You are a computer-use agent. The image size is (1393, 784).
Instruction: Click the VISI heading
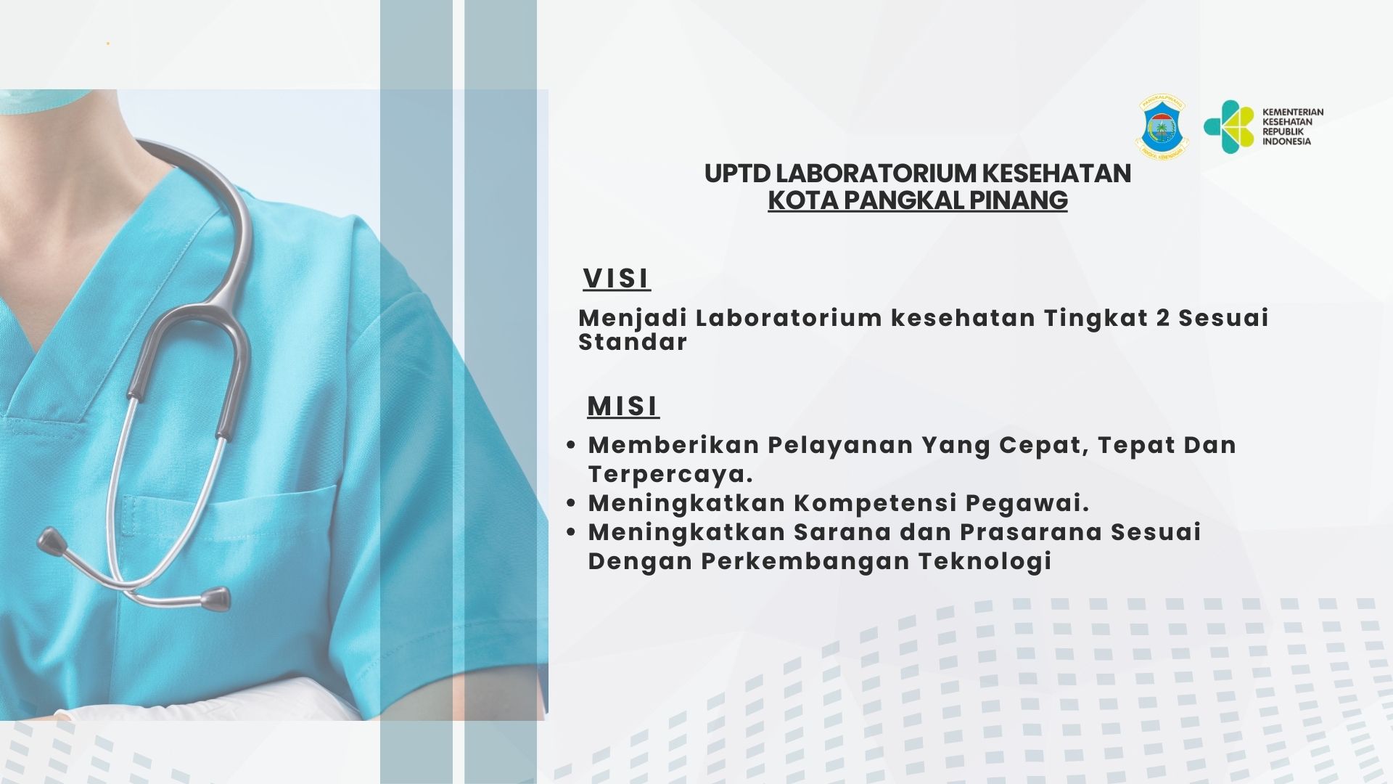tap(616, 278)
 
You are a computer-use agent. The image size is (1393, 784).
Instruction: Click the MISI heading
tap(622, 406)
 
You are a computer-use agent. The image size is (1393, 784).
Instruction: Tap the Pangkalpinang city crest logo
tap(1162, 128)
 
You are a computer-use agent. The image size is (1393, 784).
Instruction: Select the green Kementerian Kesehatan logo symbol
tap(1228, 127)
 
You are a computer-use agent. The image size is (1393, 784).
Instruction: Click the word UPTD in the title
tap(736, 173)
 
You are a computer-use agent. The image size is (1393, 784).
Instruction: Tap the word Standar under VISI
tap(632, 342)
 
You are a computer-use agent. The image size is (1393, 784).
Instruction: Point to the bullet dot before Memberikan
tap(571, 444)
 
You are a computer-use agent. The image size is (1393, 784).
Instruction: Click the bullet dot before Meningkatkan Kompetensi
tap(571, 502)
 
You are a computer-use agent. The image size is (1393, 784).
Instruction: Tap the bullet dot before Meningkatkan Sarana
tap(571, 532)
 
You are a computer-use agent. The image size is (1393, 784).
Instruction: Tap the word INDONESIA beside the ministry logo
tap(1286, 142)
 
